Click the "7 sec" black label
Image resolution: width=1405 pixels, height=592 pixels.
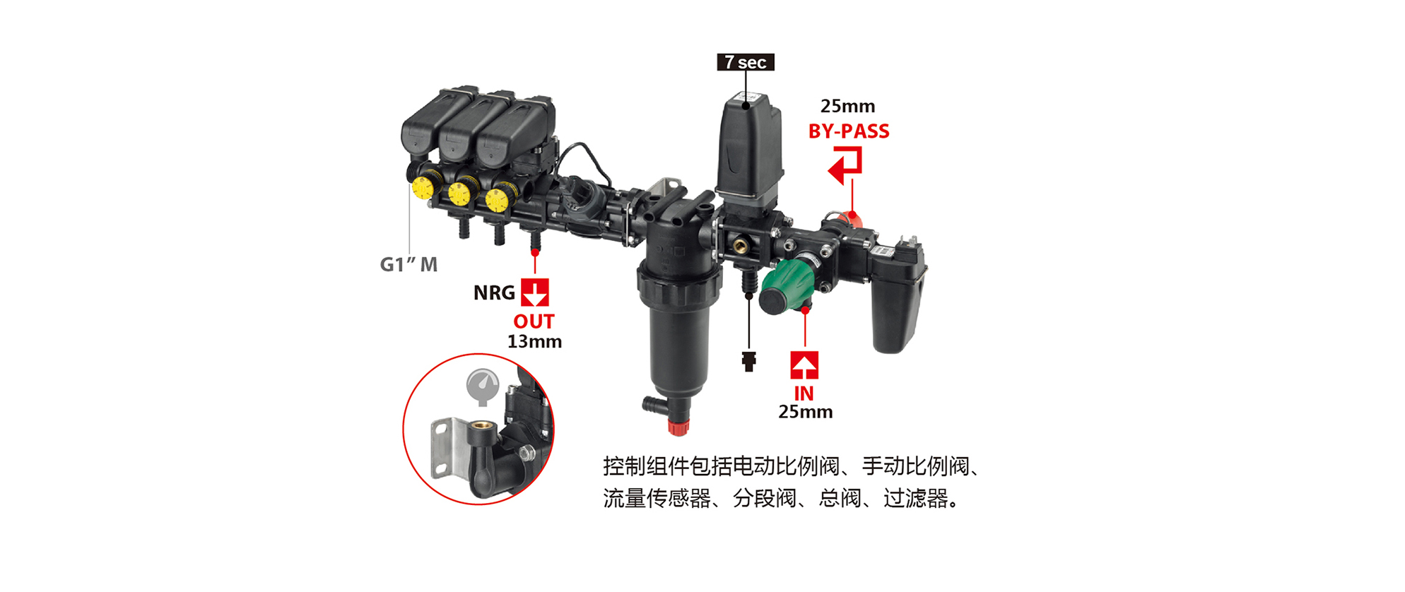[746, 62]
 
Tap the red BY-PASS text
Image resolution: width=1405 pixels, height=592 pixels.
[849, 131]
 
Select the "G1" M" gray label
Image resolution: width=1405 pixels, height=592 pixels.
[408, 264]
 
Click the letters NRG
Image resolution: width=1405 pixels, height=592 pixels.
[494, 292]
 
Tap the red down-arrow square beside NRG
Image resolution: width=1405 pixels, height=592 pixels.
[535, 292]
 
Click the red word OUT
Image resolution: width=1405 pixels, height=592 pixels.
[534, 321]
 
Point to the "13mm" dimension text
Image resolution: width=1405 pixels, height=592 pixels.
[534, 342]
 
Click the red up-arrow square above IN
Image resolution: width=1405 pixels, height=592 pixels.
[804, 365]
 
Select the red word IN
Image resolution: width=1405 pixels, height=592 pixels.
[804, 393]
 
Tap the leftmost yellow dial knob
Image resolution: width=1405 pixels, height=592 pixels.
[423, 188]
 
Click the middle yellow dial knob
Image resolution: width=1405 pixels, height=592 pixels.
[459, 194]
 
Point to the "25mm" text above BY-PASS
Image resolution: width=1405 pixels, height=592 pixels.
[847, 107]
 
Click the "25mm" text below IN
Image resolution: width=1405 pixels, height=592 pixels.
[805, 412]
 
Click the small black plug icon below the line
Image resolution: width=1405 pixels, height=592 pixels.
[749, 362]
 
